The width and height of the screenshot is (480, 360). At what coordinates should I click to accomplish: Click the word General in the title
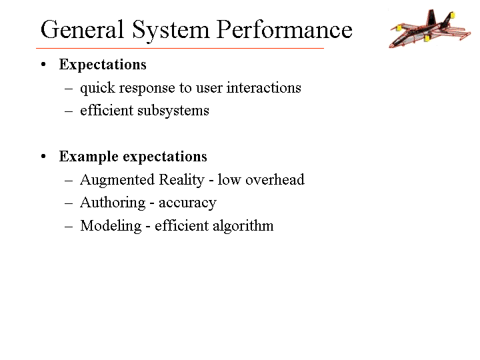point(82,29)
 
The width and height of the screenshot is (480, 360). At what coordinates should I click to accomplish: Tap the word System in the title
point(171,31)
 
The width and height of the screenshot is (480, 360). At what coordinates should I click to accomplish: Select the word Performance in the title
point(285,29)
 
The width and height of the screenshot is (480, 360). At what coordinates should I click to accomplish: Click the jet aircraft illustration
point(430,29)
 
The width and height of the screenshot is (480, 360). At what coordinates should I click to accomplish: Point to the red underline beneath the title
point(180,48)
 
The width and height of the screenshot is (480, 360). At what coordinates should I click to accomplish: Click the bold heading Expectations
point(103,65)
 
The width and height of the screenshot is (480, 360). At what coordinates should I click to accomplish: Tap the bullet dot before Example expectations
point(43,156)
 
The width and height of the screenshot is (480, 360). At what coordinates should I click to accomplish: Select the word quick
point(97,89)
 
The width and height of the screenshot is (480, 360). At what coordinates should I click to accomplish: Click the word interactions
point(264,87)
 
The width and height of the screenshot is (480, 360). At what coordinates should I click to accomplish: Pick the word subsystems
point(173,111)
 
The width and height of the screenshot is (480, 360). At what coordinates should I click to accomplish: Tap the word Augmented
point(117,180)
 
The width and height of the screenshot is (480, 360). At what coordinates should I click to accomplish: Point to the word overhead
point(275,179)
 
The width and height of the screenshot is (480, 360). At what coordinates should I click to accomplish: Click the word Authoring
point(113,203)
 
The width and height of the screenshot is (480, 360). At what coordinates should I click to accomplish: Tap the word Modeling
point(111,226)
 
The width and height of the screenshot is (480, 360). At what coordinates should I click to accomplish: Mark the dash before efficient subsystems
point(69,111)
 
